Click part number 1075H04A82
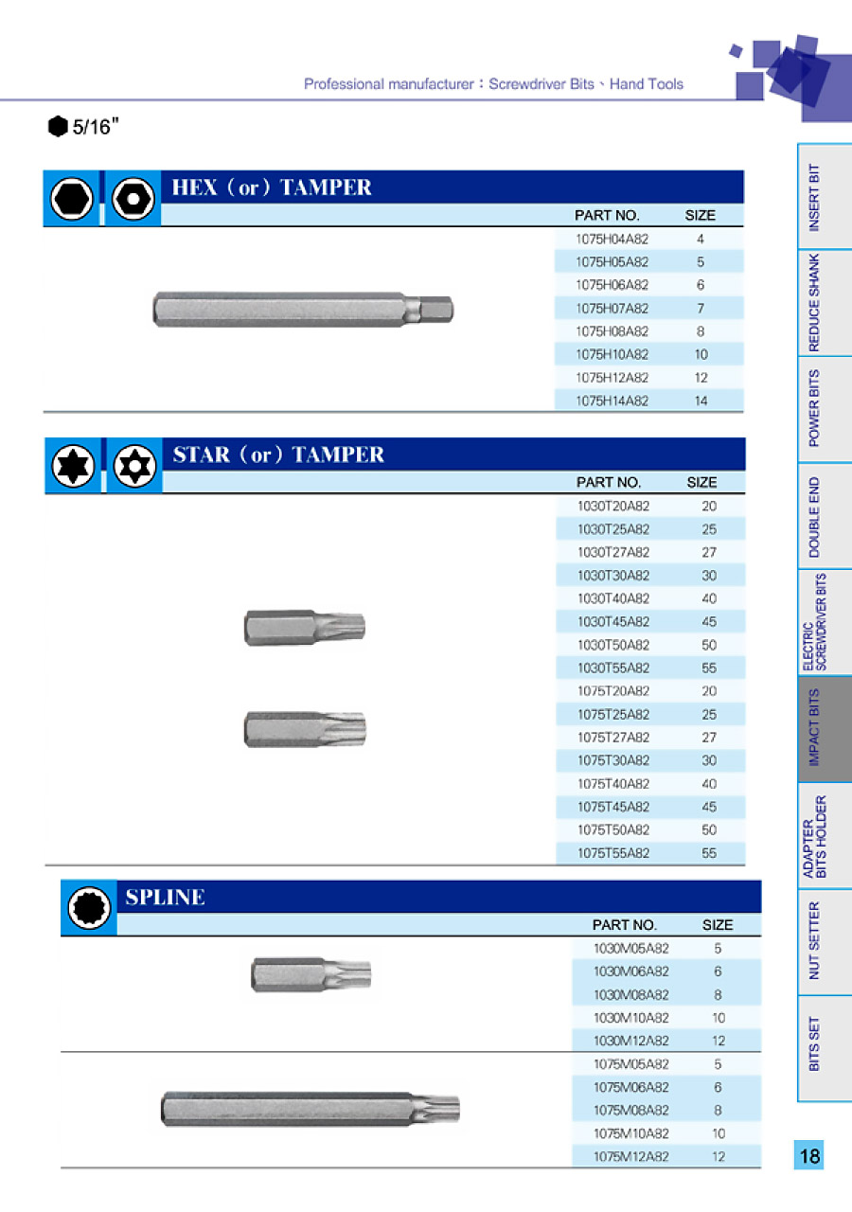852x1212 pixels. (612, 239)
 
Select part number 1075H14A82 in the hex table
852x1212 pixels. (612, 401)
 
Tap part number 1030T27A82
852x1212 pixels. (613, 552)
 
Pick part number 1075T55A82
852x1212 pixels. (613, 853)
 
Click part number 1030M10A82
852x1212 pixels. (631, 1018)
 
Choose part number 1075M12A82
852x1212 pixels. (631, 1156)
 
